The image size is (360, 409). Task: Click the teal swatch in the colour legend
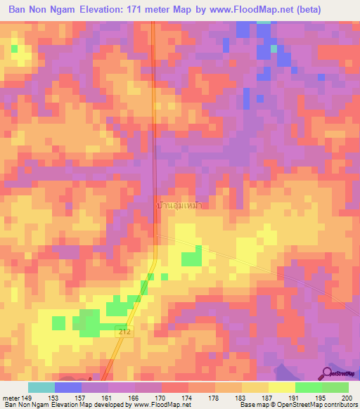[x=41, y=387]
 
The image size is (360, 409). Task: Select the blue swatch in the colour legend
[x=68, y=387]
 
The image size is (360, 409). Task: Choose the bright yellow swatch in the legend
[x=281, y=387]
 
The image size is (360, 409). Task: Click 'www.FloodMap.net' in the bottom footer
[x=162, y=405]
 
